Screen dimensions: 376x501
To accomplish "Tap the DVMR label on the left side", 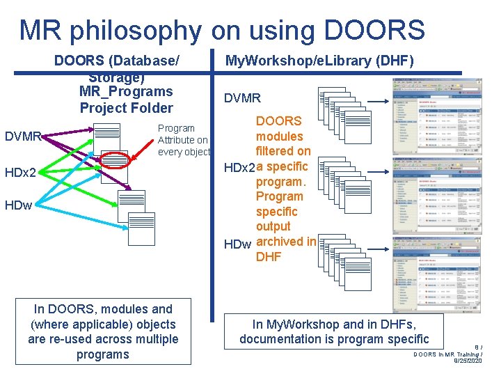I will click(x=22, y=137).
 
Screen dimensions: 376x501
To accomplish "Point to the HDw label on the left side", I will click(x=19, y=205).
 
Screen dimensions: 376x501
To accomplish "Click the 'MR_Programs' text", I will click(x=126, y=92).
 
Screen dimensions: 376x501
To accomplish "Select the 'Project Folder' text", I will click(x=126, y=108).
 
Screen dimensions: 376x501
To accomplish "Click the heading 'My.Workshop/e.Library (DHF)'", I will click(x=319, y=61).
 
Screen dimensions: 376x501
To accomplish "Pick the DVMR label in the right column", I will click(x=242, y=99).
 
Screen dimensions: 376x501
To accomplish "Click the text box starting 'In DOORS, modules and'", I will click(x=103, y=331).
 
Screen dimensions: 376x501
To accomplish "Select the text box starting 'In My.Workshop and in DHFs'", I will click(x=334, y=331).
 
